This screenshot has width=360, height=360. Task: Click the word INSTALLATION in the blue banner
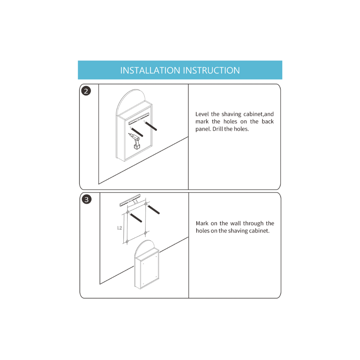[x=150, y=70]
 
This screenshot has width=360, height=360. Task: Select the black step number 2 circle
[x=86, y=91]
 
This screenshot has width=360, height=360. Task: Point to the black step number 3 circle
[x=86, y=199]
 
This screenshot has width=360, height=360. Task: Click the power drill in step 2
[x=135, y=141]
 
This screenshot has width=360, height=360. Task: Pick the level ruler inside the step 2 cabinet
[x=139, y=119]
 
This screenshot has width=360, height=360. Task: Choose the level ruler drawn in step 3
[x=130, y=200]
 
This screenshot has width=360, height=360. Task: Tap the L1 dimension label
[x=136, y=202]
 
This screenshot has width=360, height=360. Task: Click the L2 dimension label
[x=120, y=228]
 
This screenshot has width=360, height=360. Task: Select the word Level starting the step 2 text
[x=202, y=114]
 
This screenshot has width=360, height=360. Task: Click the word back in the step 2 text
[x=268, y=121]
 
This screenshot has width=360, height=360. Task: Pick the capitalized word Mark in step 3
[x=202, y=224]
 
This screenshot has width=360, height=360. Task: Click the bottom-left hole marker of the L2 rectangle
[x=127, y=242]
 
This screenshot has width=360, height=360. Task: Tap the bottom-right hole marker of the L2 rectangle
[x=145, y=233]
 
